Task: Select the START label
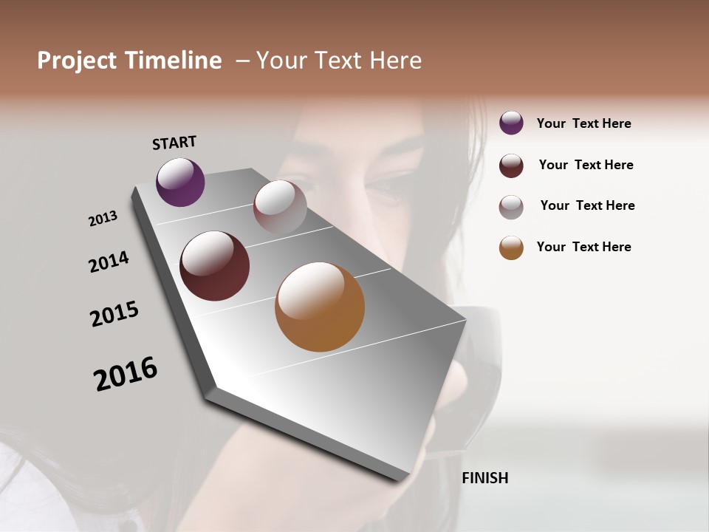(174, 143)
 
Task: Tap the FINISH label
(485, 478)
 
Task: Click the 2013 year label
(103, 219)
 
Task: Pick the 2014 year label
(109, 262)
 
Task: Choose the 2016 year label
(126, 374)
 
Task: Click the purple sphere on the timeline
(180, 182)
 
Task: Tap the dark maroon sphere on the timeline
(215, 266)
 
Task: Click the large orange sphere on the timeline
(320, 307)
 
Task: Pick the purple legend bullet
(511, 123)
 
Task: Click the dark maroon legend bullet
(511, 166)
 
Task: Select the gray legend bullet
(511, 207)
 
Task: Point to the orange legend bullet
(511, 248)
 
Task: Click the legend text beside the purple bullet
(583, 124)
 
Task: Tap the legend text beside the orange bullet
(583, 247)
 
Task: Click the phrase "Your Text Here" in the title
(339, 61)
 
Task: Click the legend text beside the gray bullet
(587, 205)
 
